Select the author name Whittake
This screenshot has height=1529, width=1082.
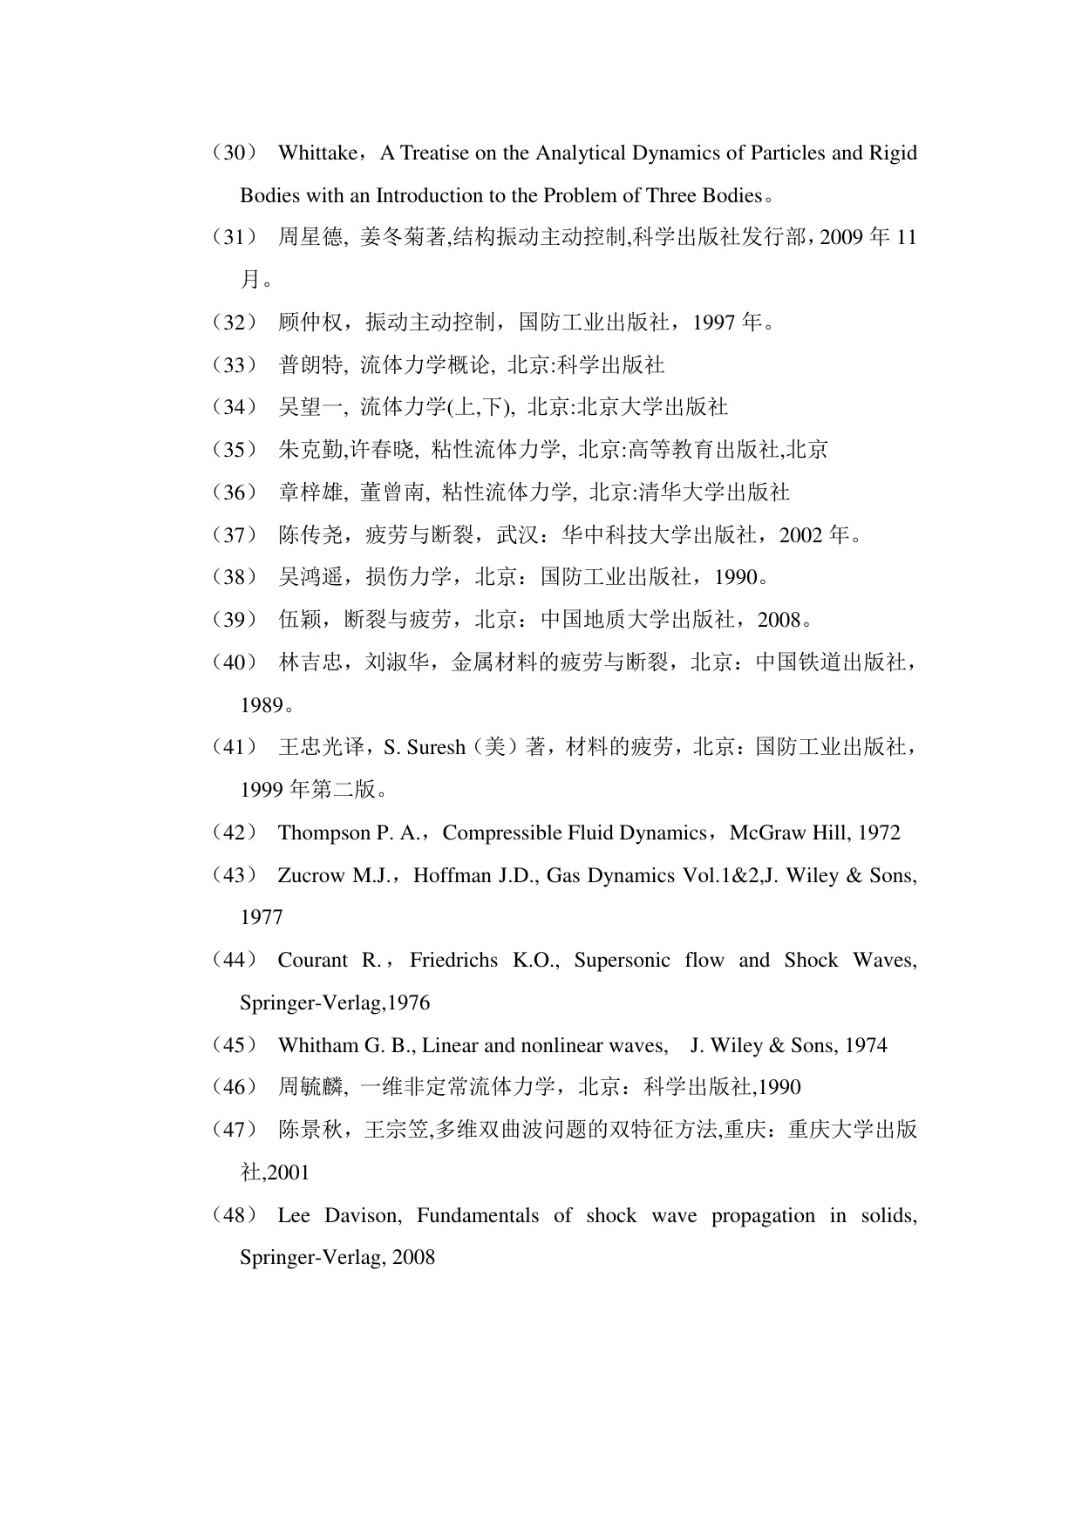point(316,153)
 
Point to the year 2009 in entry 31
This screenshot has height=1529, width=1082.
point(840,238)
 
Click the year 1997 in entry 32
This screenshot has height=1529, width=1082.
point(714,323)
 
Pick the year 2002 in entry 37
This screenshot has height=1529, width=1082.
point(800,535)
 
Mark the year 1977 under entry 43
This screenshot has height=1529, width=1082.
point(262,917)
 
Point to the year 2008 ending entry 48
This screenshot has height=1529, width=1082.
point(413,1258)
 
